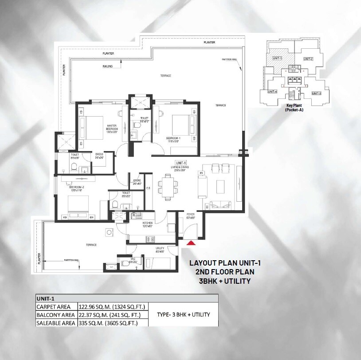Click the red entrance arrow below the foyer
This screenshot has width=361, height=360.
tap(191, 243)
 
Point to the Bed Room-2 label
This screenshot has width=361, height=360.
tap(76, 189)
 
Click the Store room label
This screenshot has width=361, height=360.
tap(137, 182)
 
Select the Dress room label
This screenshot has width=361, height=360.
tap(99, 156)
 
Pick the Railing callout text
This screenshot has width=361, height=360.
tap(107, 67)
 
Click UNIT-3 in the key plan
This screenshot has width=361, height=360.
tap(316, 93)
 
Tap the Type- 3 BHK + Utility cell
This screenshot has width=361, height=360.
tap(183, 315)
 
